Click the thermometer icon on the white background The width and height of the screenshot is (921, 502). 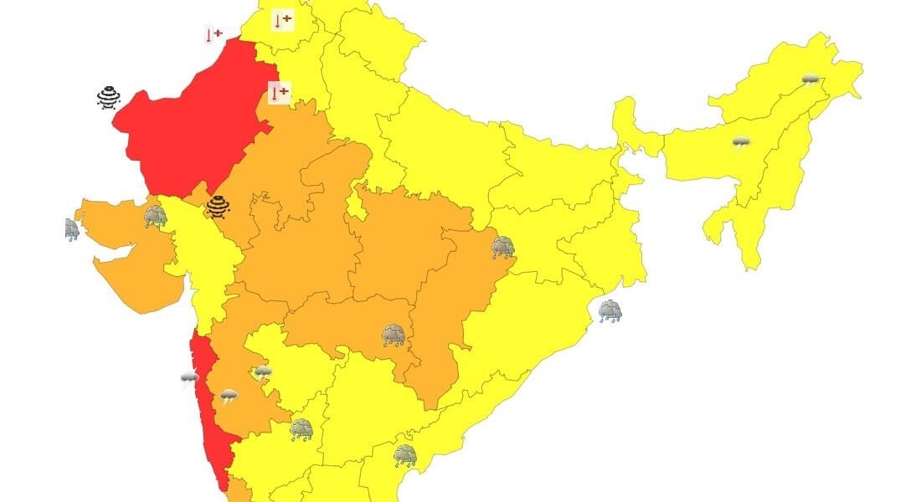[214, 34]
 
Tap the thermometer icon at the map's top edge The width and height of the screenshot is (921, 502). [283, 20]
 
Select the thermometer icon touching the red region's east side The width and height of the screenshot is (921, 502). [279, 92]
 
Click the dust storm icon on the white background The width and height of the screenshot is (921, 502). [109, 98]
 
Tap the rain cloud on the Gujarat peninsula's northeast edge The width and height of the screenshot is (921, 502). [155, 217]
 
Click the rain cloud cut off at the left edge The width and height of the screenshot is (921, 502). [72, 229]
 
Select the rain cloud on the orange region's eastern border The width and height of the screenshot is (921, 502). [503, 247]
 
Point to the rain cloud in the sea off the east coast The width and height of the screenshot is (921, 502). [610, 312]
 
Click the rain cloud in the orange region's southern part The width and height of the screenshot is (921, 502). [394, 336]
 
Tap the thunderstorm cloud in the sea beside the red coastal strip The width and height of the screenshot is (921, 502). [190, 379]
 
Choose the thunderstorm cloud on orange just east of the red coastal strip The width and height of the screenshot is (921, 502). [229, 395]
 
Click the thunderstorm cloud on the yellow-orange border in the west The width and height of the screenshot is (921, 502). [263, 371]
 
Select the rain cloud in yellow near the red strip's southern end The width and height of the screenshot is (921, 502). [301, 430]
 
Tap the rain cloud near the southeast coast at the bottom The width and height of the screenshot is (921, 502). [405, 456]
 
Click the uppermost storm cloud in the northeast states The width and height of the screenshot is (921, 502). [810, 80]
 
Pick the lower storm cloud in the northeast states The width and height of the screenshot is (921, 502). [741, 143]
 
